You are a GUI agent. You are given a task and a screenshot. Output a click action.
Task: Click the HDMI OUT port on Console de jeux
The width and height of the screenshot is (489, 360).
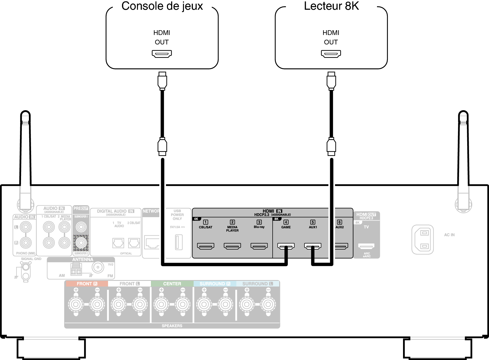(162, 54)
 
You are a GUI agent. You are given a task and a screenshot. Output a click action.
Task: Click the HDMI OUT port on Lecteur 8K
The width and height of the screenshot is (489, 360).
(331, 54)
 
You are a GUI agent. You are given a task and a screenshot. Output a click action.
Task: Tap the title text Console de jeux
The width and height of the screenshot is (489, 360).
(162, 6)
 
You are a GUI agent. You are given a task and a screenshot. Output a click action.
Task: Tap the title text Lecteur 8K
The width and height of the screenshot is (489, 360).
(331, 6)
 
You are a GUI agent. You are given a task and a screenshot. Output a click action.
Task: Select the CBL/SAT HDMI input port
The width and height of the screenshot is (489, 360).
(206, 246)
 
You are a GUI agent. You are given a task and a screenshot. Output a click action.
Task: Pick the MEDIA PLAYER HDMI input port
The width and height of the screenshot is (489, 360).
(232, 246)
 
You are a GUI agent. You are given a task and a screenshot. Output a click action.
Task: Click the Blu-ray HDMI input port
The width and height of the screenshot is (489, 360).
(259, 246)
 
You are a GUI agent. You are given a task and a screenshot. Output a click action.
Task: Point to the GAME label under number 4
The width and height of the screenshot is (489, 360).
(286, 227)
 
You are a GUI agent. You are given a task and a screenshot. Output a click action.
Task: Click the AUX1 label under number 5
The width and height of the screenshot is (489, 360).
(313, 227)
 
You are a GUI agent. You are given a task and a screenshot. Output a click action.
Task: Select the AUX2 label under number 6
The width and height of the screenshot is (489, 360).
(340, 227)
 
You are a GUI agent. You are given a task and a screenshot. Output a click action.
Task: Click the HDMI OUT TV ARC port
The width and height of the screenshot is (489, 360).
(366, 246)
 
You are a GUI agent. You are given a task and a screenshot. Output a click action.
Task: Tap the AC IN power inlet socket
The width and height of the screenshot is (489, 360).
(422, 240)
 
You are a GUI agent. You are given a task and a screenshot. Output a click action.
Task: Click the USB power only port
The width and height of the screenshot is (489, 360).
(179, 242)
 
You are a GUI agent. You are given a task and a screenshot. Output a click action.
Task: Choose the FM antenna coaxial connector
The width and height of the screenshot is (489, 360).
(98, 267)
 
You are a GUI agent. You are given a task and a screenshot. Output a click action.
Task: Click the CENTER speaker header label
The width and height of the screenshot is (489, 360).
(172, 284)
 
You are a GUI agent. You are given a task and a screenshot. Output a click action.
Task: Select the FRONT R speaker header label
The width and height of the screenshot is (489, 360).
(87, 284)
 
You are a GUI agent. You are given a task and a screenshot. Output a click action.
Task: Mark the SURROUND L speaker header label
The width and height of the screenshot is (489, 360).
(257, 284)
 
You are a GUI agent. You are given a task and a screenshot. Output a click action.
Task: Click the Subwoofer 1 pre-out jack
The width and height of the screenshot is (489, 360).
(81, 227)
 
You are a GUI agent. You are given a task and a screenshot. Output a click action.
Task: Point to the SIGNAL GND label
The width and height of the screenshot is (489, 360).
(31, 259)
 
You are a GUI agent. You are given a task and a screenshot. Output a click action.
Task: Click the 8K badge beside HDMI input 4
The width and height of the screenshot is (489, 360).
(277, 219)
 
